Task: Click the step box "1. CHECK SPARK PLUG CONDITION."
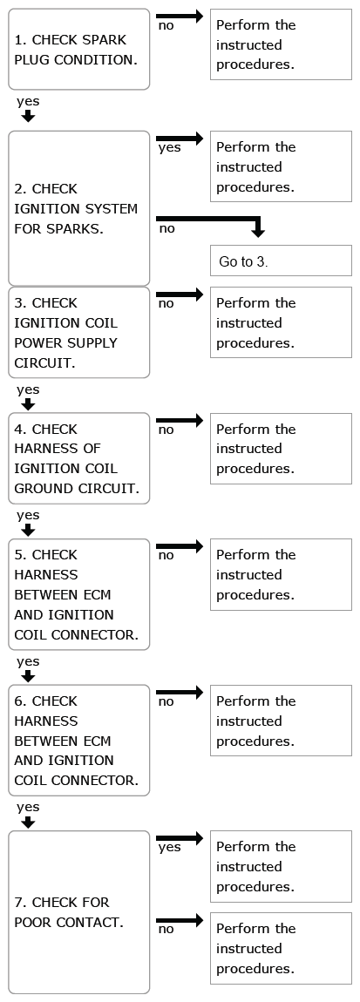pyautogui.click(x=78, y=49)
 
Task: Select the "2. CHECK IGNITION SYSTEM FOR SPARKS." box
pyautogui.click(x=78, y=208)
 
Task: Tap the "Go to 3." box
pyautogui.click(x=281, y=261)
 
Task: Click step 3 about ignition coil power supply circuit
pyautogui.click(x=78, y=332)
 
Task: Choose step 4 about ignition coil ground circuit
pyautogui.click(x=78, y=458)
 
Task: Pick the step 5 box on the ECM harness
pyautogui.click(x=78, y=594)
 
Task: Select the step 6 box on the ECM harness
pyautogui.click(x=78, y=740)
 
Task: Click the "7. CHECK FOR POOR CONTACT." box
pyautogui.click(x=78, y=912)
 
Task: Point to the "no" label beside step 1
pyautogui.click(x=166, y=26)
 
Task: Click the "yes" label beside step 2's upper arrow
pyautogui.click(x=169, y=148)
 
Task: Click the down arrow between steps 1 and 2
pyautogui.click(x=28, y=116)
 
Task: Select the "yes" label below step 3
pyautogui.click(x=28, y=389)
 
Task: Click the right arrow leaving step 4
pyautogui.click(x=180, y=420)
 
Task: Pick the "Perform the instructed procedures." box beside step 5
pyautogui.click(x=281, y=574)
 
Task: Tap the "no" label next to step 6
pyautogui.click(x=166, y=702)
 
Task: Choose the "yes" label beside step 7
pyautogui.click(x=169, y=848)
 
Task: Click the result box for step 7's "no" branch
pyautogui.click(x=281, y=948)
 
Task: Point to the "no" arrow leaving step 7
pyautogui.click(x=180, y=920)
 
